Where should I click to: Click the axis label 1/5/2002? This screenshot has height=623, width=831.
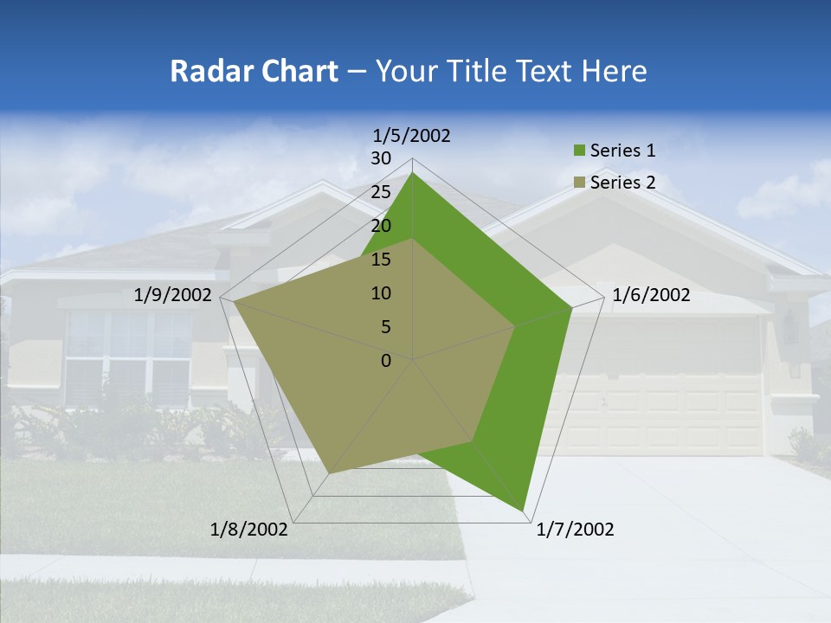click(x=412, y=135)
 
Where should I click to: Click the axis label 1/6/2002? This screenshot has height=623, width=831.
click(x=651, y=295)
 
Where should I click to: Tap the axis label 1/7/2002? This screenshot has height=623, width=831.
click(x=575, y=530)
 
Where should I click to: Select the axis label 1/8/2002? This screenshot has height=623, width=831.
click(x=249, y=530)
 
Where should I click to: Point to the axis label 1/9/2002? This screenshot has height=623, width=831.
click(x=173, y=295)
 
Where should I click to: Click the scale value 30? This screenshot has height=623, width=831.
click(x=381, y=158)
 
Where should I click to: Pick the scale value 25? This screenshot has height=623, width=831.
click(x=381, y=192)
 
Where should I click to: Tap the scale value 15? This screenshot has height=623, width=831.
click(x=381, y=260)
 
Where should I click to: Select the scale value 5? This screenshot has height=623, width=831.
click(x=385, y=327)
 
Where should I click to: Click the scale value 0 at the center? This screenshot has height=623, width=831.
click(x=386, y=361)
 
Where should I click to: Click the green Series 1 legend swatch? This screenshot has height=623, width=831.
click(x=579, y=151)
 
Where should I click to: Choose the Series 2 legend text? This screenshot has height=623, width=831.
click(x=622, y=183)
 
